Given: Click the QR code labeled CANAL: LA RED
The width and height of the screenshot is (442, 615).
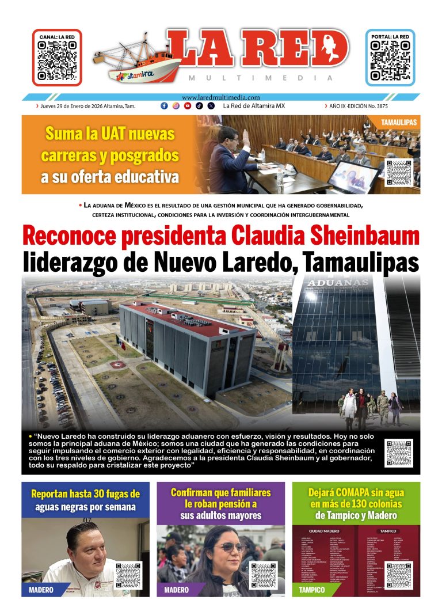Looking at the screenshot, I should click(56, 60).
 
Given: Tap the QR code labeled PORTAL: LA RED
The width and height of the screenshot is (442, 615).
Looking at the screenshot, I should click(390, 60).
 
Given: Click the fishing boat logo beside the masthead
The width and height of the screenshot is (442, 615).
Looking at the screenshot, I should click(138, 58).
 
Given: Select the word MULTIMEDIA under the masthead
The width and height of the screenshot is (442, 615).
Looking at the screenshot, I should click(261, 78).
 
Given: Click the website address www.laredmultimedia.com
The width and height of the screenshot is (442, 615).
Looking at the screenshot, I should click(220, 98).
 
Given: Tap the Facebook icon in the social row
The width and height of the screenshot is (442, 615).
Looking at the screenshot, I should click(164, 106).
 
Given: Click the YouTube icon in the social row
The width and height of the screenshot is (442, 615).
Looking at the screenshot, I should click(188, 106).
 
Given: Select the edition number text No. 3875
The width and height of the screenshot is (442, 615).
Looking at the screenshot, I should click(401, 106).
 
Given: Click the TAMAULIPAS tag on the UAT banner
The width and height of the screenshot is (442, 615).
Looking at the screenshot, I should click(399, 123).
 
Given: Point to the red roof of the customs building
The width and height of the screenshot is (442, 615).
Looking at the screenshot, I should click(184, 320).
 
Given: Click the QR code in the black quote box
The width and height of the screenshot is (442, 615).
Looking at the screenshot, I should click(399, 453).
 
